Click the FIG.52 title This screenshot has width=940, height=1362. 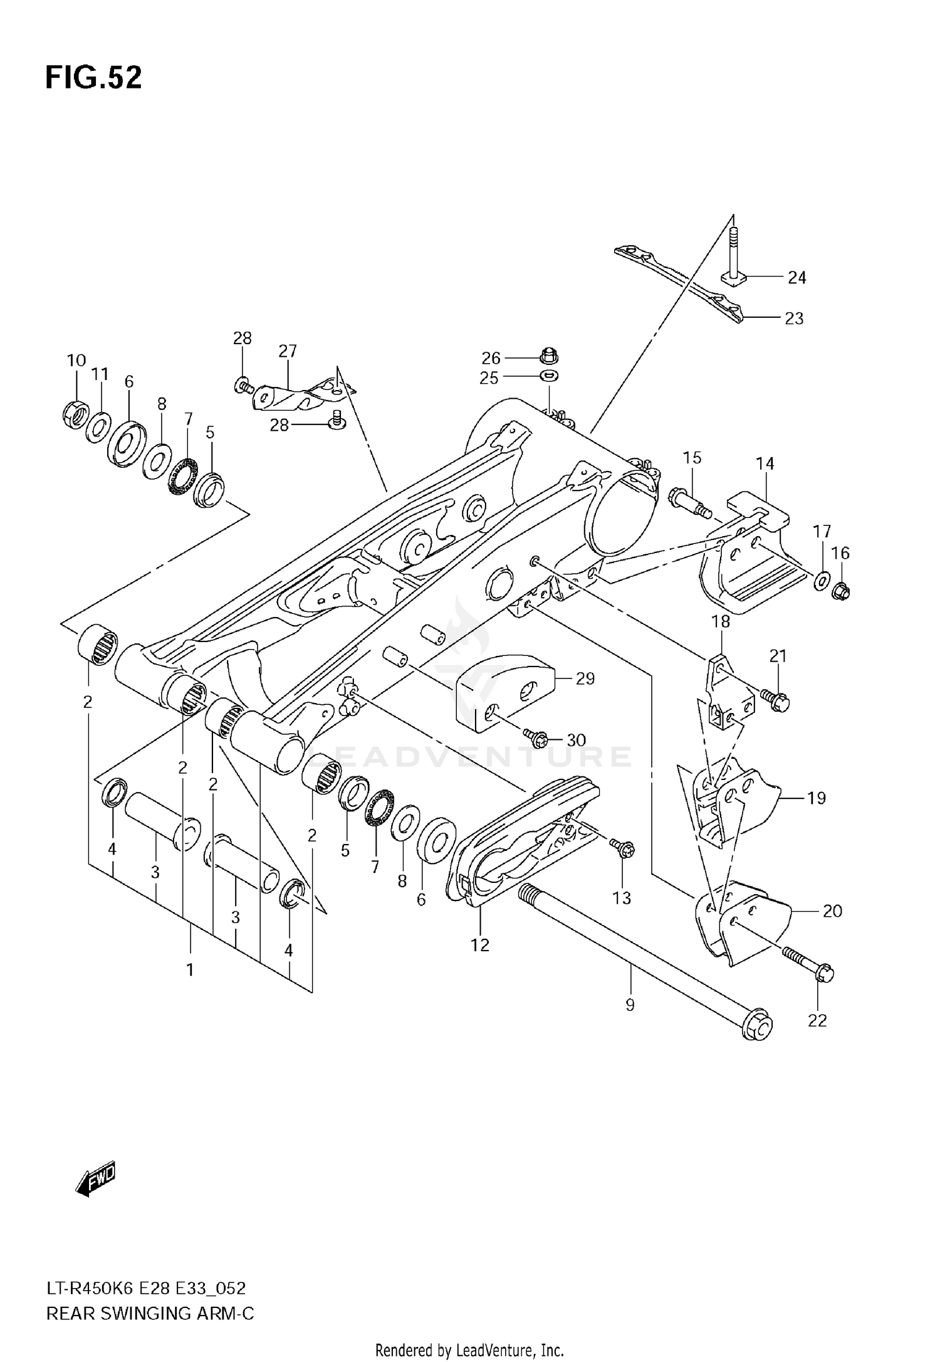click(x=93, y=78)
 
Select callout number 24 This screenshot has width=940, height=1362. click(x=796, y=277)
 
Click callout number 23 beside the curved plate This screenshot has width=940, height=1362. click(x=794, y=319)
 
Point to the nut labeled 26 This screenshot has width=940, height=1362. click(x=549, y=355)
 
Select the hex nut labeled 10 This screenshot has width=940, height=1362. click(x=75, y=411)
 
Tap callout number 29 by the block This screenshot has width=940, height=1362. click(x=585, y=678)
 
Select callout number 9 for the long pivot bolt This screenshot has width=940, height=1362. click(x=630, y=1005)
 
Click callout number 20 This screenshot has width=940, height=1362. click(x=832, y=911)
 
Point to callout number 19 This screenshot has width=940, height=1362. click(x=817, y=798)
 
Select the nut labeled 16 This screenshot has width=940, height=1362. click(x=842, y=590)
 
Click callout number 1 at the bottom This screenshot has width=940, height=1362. click(x=190, y=969)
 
